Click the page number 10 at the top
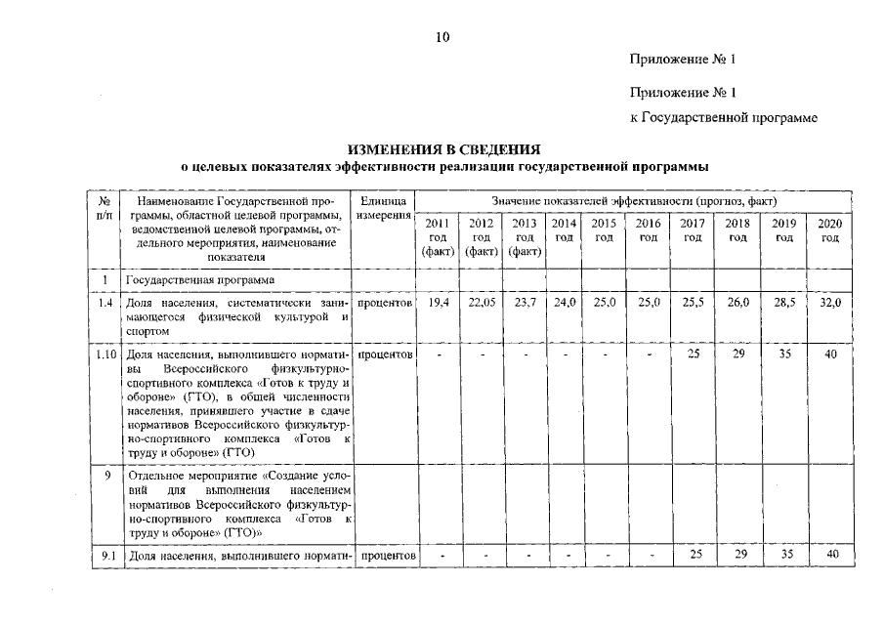pos(442,38)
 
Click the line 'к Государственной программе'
pos(723,118)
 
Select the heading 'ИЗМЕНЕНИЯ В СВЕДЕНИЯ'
pos(443,150)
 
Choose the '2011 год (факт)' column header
pos(438,237)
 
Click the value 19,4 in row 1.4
pos(439,304)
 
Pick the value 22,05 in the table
pos(482,304)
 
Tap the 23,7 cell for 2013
pos(525,304)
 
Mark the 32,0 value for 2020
pos(830,304)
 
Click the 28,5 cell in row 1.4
pos(783,304)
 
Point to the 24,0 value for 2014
pos(564,304)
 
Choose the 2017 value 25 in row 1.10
pos(694,354)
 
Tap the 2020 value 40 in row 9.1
pos(830,556)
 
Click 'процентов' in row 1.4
pos(384,304)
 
